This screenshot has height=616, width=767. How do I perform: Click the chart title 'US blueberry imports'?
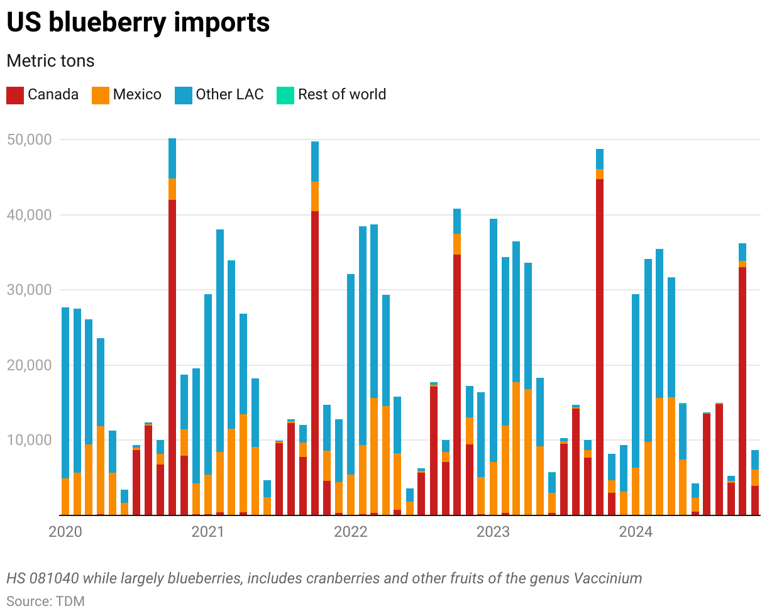[138, 23]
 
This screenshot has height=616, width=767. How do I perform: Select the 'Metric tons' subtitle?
[50, 61]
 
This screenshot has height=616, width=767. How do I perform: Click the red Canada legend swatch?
[14, 95]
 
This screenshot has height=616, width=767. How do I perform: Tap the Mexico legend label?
[137, 95]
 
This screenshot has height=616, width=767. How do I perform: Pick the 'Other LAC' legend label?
[229, 95]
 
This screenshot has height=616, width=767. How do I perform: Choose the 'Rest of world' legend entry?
[341, 95]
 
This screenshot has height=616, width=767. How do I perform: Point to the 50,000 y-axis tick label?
[28, 140]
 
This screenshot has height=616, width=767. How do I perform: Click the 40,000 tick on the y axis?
[28, 215]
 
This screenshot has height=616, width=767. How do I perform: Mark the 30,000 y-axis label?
[28, 290]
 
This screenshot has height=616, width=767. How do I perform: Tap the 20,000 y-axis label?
[28, 365]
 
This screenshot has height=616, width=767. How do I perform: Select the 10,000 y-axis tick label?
[28, 440]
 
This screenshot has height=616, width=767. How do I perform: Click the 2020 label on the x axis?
[65, 532]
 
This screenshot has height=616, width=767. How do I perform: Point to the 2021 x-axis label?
[208, 532]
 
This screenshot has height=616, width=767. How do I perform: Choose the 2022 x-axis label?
[351, 532]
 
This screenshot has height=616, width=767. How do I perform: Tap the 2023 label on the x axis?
[494, 532]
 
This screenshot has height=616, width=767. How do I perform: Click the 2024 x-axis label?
[636, 532]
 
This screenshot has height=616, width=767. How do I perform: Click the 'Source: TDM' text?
[45, 601]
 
